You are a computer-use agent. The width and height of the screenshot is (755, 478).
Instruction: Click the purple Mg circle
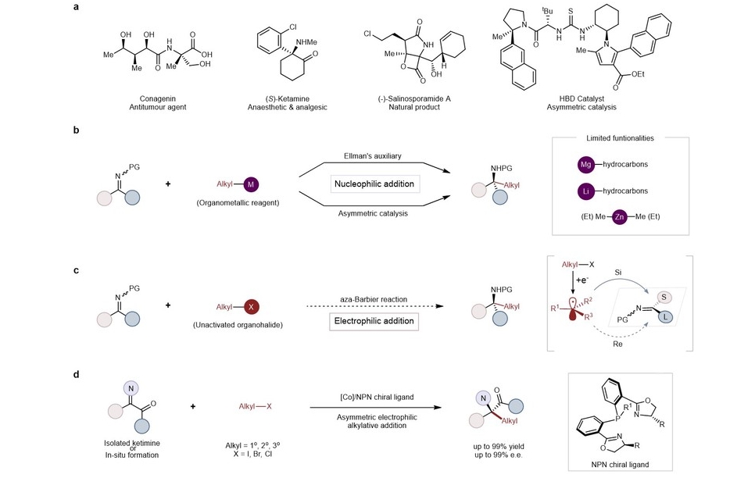click(586, 165)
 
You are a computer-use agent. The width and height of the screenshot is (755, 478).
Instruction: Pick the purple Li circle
click(586, 191)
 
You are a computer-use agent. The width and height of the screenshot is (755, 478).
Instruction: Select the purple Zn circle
click(617, 216)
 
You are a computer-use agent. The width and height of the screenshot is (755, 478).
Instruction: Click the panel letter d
click(76, 374)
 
